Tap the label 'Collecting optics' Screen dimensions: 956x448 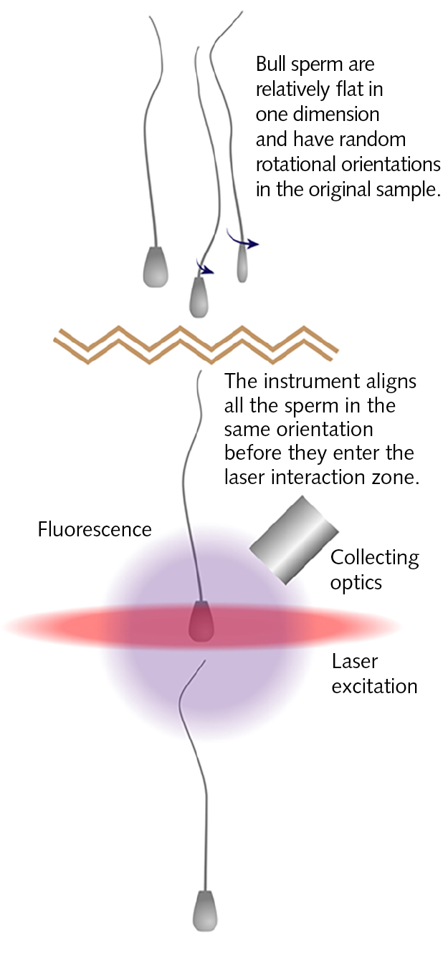tap(374, 569)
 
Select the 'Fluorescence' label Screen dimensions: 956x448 tap(95, 529)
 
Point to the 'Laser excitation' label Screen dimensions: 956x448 tap(373, 674)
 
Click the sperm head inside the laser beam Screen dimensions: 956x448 tap(201, 621)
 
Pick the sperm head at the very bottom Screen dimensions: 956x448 tap(205, 909)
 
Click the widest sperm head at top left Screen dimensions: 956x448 tap(156, 266)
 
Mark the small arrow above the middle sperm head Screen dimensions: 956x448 tap(205, 269)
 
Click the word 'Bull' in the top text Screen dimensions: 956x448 tap(272, 65)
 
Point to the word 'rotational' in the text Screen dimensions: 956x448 tap(293, 164)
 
